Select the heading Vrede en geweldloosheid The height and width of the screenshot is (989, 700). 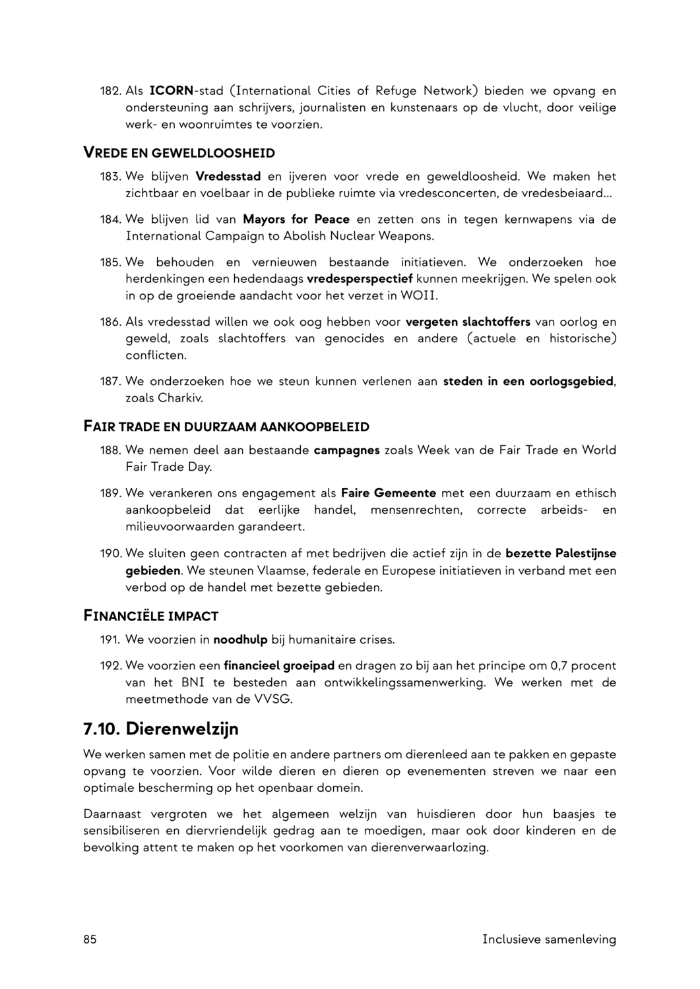pyautogui.click(x=179, y=153)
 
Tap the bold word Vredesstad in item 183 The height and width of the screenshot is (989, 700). pyautogui.click(x=228, y=177)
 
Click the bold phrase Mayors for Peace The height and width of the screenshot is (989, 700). pyautogui.click(x=296, y=219)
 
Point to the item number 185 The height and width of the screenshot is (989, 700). pyautogui.click(x=110, y=262)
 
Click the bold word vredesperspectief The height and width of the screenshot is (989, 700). pyautogui.click(x=360, y=279)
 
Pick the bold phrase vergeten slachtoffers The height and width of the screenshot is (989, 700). pyautogui.click(x=468, y=322)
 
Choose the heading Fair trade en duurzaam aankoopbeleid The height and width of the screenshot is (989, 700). pyautogui.click(x=226, y=427)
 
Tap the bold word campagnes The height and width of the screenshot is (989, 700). pyautogui.click(x=346, y=450)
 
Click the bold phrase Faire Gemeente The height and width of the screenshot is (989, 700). pyautogui.click(x=389, y=493)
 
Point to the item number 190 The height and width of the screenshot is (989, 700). pyautogui.click(x=110, y=553)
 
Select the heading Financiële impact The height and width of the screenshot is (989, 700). pyautogui.click(x=150, y=616)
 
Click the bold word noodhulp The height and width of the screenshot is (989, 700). pyautogui.click(x=240, y=640)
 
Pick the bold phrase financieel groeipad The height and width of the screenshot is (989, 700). pyautogui.click(x=279, y=666)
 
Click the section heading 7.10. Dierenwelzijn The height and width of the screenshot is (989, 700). pyautogui.click(x=160, y=729)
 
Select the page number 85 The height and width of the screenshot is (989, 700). pyautogui.click(x=90, y=939)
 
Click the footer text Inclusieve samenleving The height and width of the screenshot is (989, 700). pyautogui.click(x=549, y=939)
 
